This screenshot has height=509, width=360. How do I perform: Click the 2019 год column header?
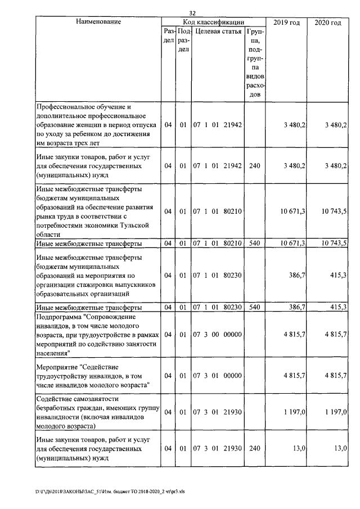click(x=286, y=22)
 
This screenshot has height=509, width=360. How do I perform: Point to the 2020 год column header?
click(x=328, y=22)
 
